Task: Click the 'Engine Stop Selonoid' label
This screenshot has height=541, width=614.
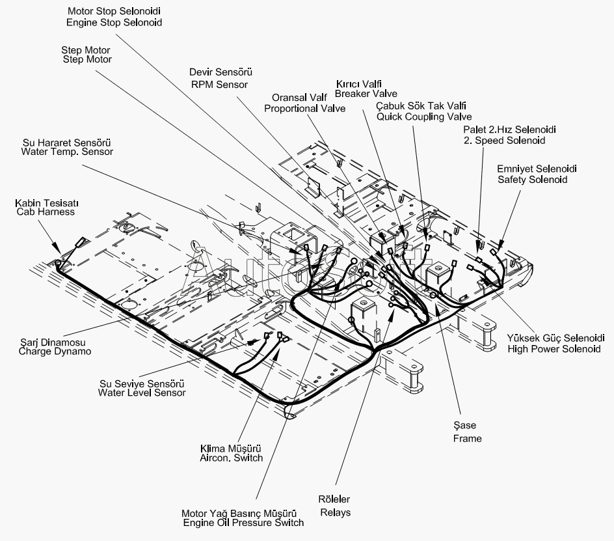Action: pyautogui.click(x=114, y=22)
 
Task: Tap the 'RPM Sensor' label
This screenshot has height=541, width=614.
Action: pyautogui.click(x=219, y=84)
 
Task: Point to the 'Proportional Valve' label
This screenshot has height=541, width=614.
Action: pyautogui.click(x=304, y=109)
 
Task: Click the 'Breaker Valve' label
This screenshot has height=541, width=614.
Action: pyautogui.click(x=366, y=94)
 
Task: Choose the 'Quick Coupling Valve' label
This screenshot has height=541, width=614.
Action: pyautogui.click(x=424, y=117)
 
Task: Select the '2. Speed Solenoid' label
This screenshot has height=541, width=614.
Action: pyautogui.click(x=504, y=141)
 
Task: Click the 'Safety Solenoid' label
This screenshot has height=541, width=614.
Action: pyautogui.click(x=533, y=180)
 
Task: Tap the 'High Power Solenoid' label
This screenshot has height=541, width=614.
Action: pyautogui.click(x=554, y=349)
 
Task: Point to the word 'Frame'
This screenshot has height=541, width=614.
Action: pyautogui.click(x=467, y=438)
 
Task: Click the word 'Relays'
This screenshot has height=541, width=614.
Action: pyautogui.click(x=335, y=512)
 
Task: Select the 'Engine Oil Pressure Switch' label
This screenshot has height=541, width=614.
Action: pyautogui.click(x=243, y=523)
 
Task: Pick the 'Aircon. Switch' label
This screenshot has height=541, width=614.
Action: pyautogui.click(x=231, y=458)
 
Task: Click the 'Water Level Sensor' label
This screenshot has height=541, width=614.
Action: pyautogui.click(x=142, y=393)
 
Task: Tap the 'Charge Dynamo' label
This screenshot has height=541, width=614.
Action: pyautogui.click(x=55, y=352)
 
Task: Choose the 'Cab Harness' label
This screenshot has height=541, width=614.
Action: pyautogui.click(x=46, y=212)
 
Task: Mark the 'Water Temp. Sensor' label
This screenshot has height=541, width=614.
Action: pyautogui.click(x=67, y=152)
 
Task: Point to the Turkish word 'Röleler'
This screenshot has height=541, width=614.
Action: pyautogui.click(x=334, y=499)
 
